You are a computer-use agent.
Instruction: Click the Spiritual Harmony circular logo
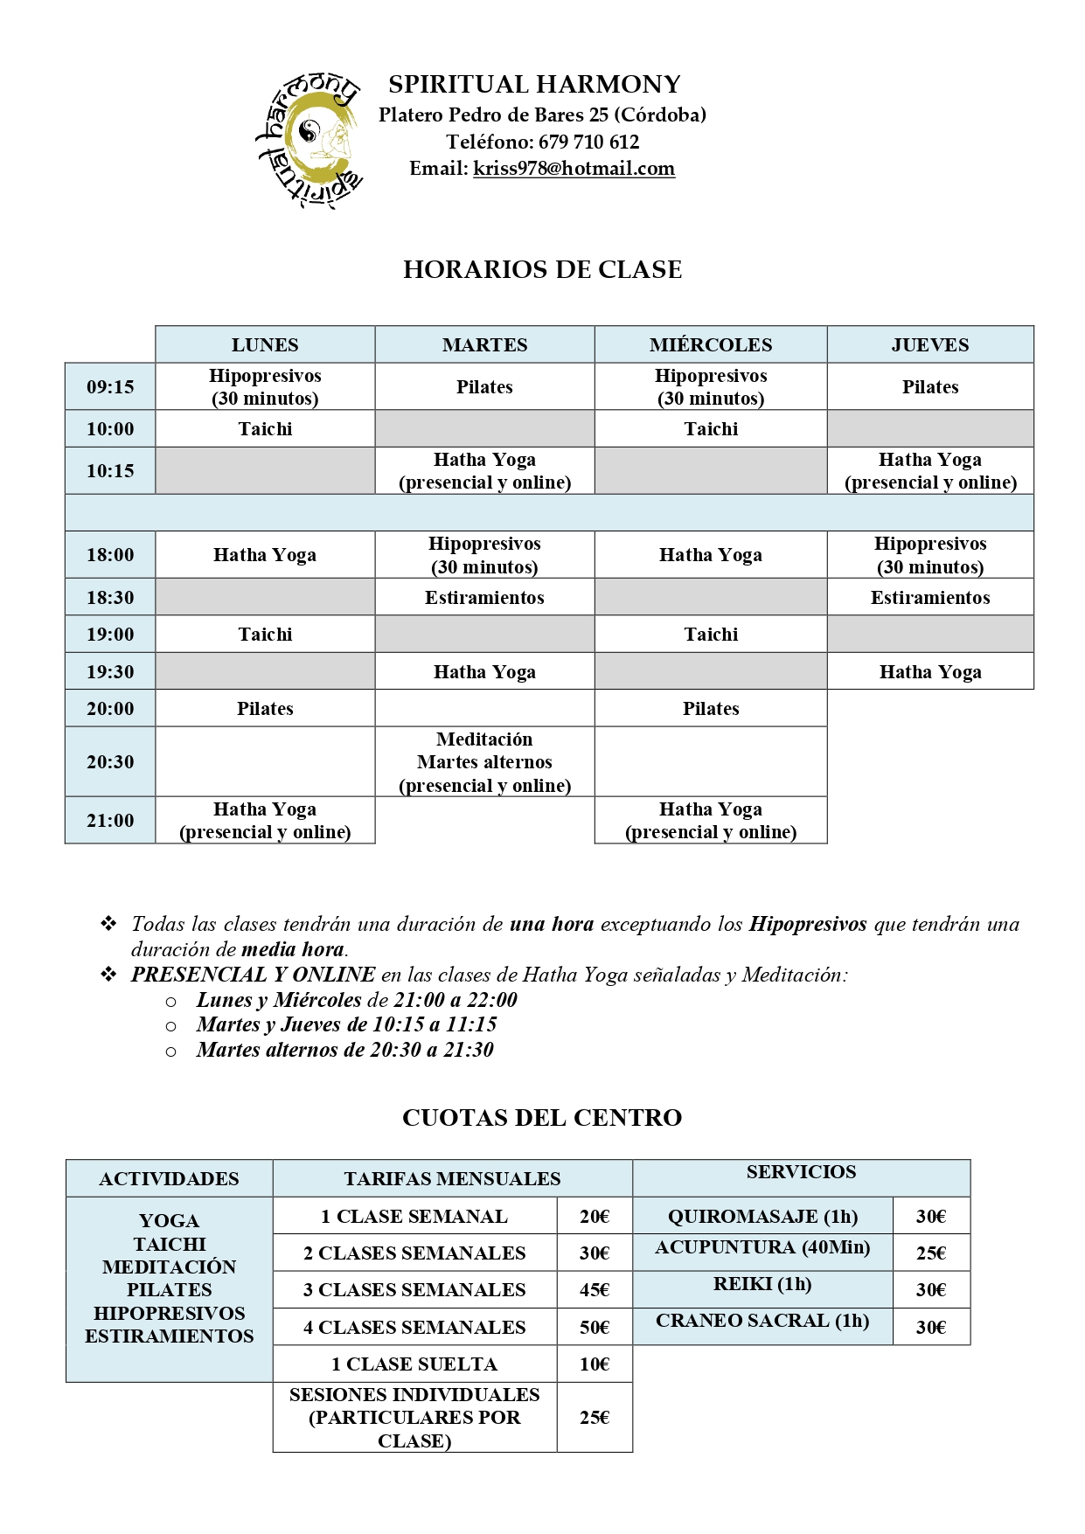tap(308, 140)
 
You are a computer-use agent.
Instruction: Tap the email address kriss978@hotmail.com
tap(574, 169)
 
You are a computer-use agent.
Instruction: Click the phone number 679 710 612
tap(588, 142)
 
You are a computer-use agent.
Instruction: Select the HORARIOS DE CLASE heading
tap(542, 269)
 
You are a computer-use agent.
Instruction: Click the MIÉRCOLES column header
tap(710, 345)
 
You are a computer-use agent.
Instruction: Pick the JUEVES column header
tap(929, 345)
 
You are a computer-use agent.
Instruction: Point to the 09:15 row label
tap(110, 387)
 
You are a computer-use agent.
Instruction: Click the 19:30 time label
tap(110, 672)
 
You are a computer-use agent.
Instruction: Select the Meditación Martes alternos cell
tap(484, 762)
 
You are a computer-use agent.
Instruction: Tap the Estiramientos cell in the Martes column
tap(484, 598)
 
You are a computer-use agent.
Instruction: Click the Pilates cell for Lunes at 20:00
tap(265, 709)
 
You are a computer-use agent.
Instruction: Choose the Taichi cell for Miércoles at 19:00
tap(710, 635)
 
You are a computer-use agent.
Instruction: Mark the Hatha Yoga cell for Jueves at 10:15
tap(929, 471)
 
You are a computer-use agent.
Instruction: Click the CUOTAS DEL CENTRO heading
tap(542, 1118)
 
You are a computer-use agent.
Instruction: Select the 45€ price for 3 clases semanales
tap(595, 1290)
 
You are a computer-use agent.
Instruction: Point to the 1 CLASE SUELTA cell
tap(414, 1364)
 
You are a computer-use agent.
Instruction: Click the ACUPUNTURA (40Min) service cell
tap(762, 1248)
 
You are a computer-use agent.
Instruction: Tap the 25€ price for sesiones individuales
tap(595, 1418)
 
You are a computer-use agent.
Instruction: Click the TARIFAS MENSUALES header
tap(452, 1179)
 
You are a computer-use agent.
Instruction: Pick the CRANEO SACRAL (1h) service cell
tap(762, 1322)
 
